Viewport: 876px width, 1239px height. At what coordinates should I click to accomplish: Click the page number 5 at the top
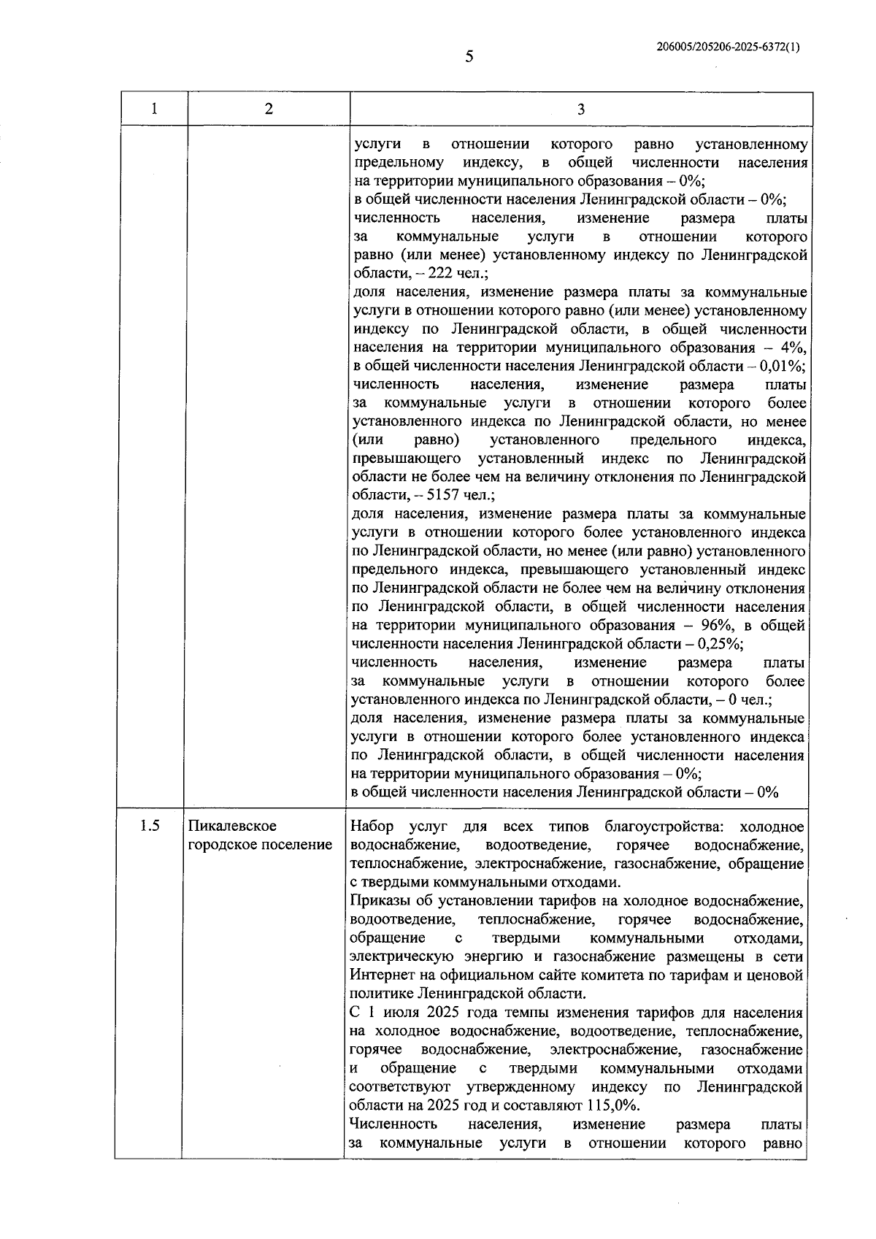pyautogui.click(x=469, y=56)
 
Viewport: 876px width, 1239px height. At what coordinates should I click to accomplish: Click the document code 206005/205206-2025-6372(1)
pyautogui.click(x=728, y=46)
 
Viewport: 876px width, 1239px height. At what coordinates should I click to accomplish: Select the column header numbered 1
pyautogui.click(x=153, y=110)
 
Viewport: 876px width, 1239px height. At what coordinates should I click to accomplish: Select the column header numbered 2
pyautogui.click(x=269, y=110)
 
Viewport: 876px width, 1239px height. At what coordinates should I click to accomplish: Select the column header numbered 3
pyautogui.click(x=580, y=110)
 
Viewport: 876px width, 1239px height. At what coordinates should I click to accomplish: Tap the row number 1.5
pyautogui.click(x=150, y=826)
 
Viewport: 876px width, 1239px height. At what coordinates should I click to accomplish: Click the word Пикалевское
pyautogui.click(x=233, y=826)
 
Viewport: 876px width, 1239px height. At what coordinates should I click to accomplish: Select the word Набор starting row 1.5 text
pyautogui.click(x=372, y=826)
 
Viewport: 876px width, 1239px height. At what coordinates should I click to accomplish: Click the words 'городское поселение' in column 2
pyautogui.click(x=261, y=845)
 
